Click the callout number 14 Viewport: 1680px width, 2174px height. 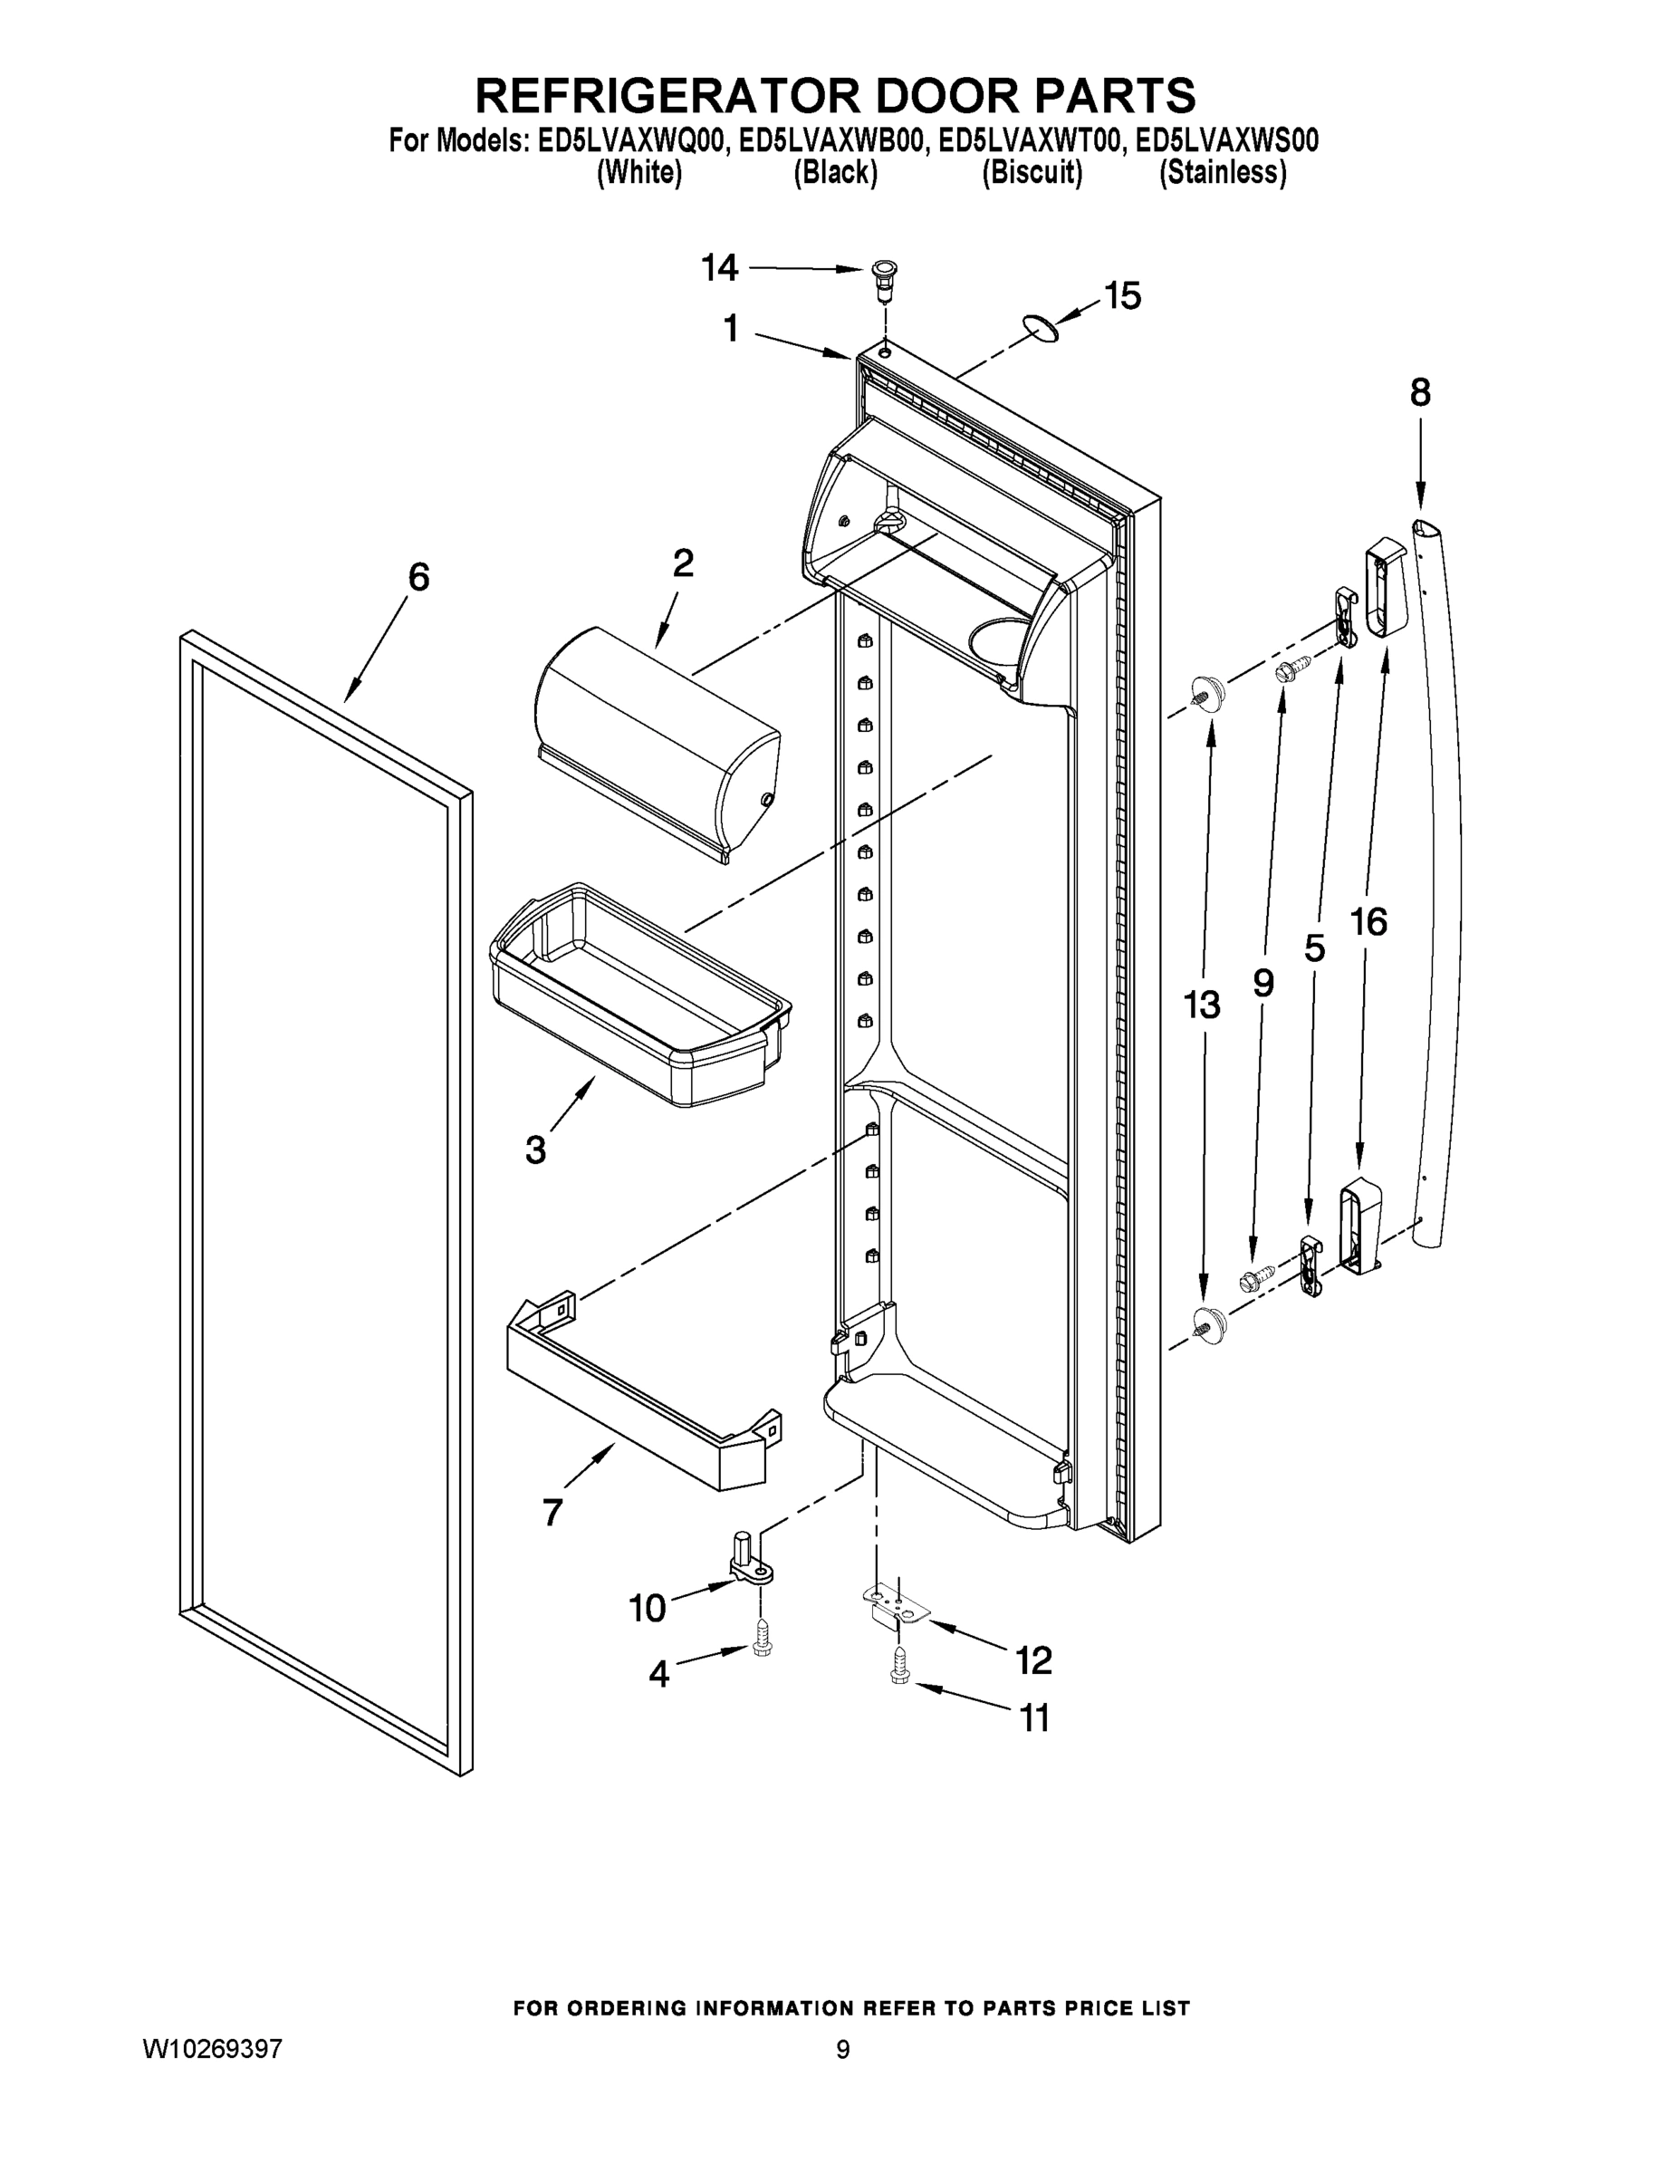[x=720, y=268]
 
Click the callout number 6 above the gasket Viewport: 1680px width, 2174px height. [x=419, y=576]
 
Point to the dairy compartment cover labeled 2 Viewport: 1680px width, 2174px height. [x=657, y=742]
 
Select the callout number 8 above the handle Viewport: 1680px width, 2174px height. [x=1420, y=393]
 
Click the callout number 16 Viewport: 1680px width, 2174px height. [x=1368, y=923]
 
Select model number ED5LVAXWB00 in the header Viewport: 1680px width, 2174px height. [x=830, y=140]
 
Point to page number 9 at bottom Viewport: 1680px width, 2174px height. [x=843, y=2050]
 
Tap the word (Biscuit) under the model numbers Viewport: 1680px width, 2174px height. [x=1032, y=172]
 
